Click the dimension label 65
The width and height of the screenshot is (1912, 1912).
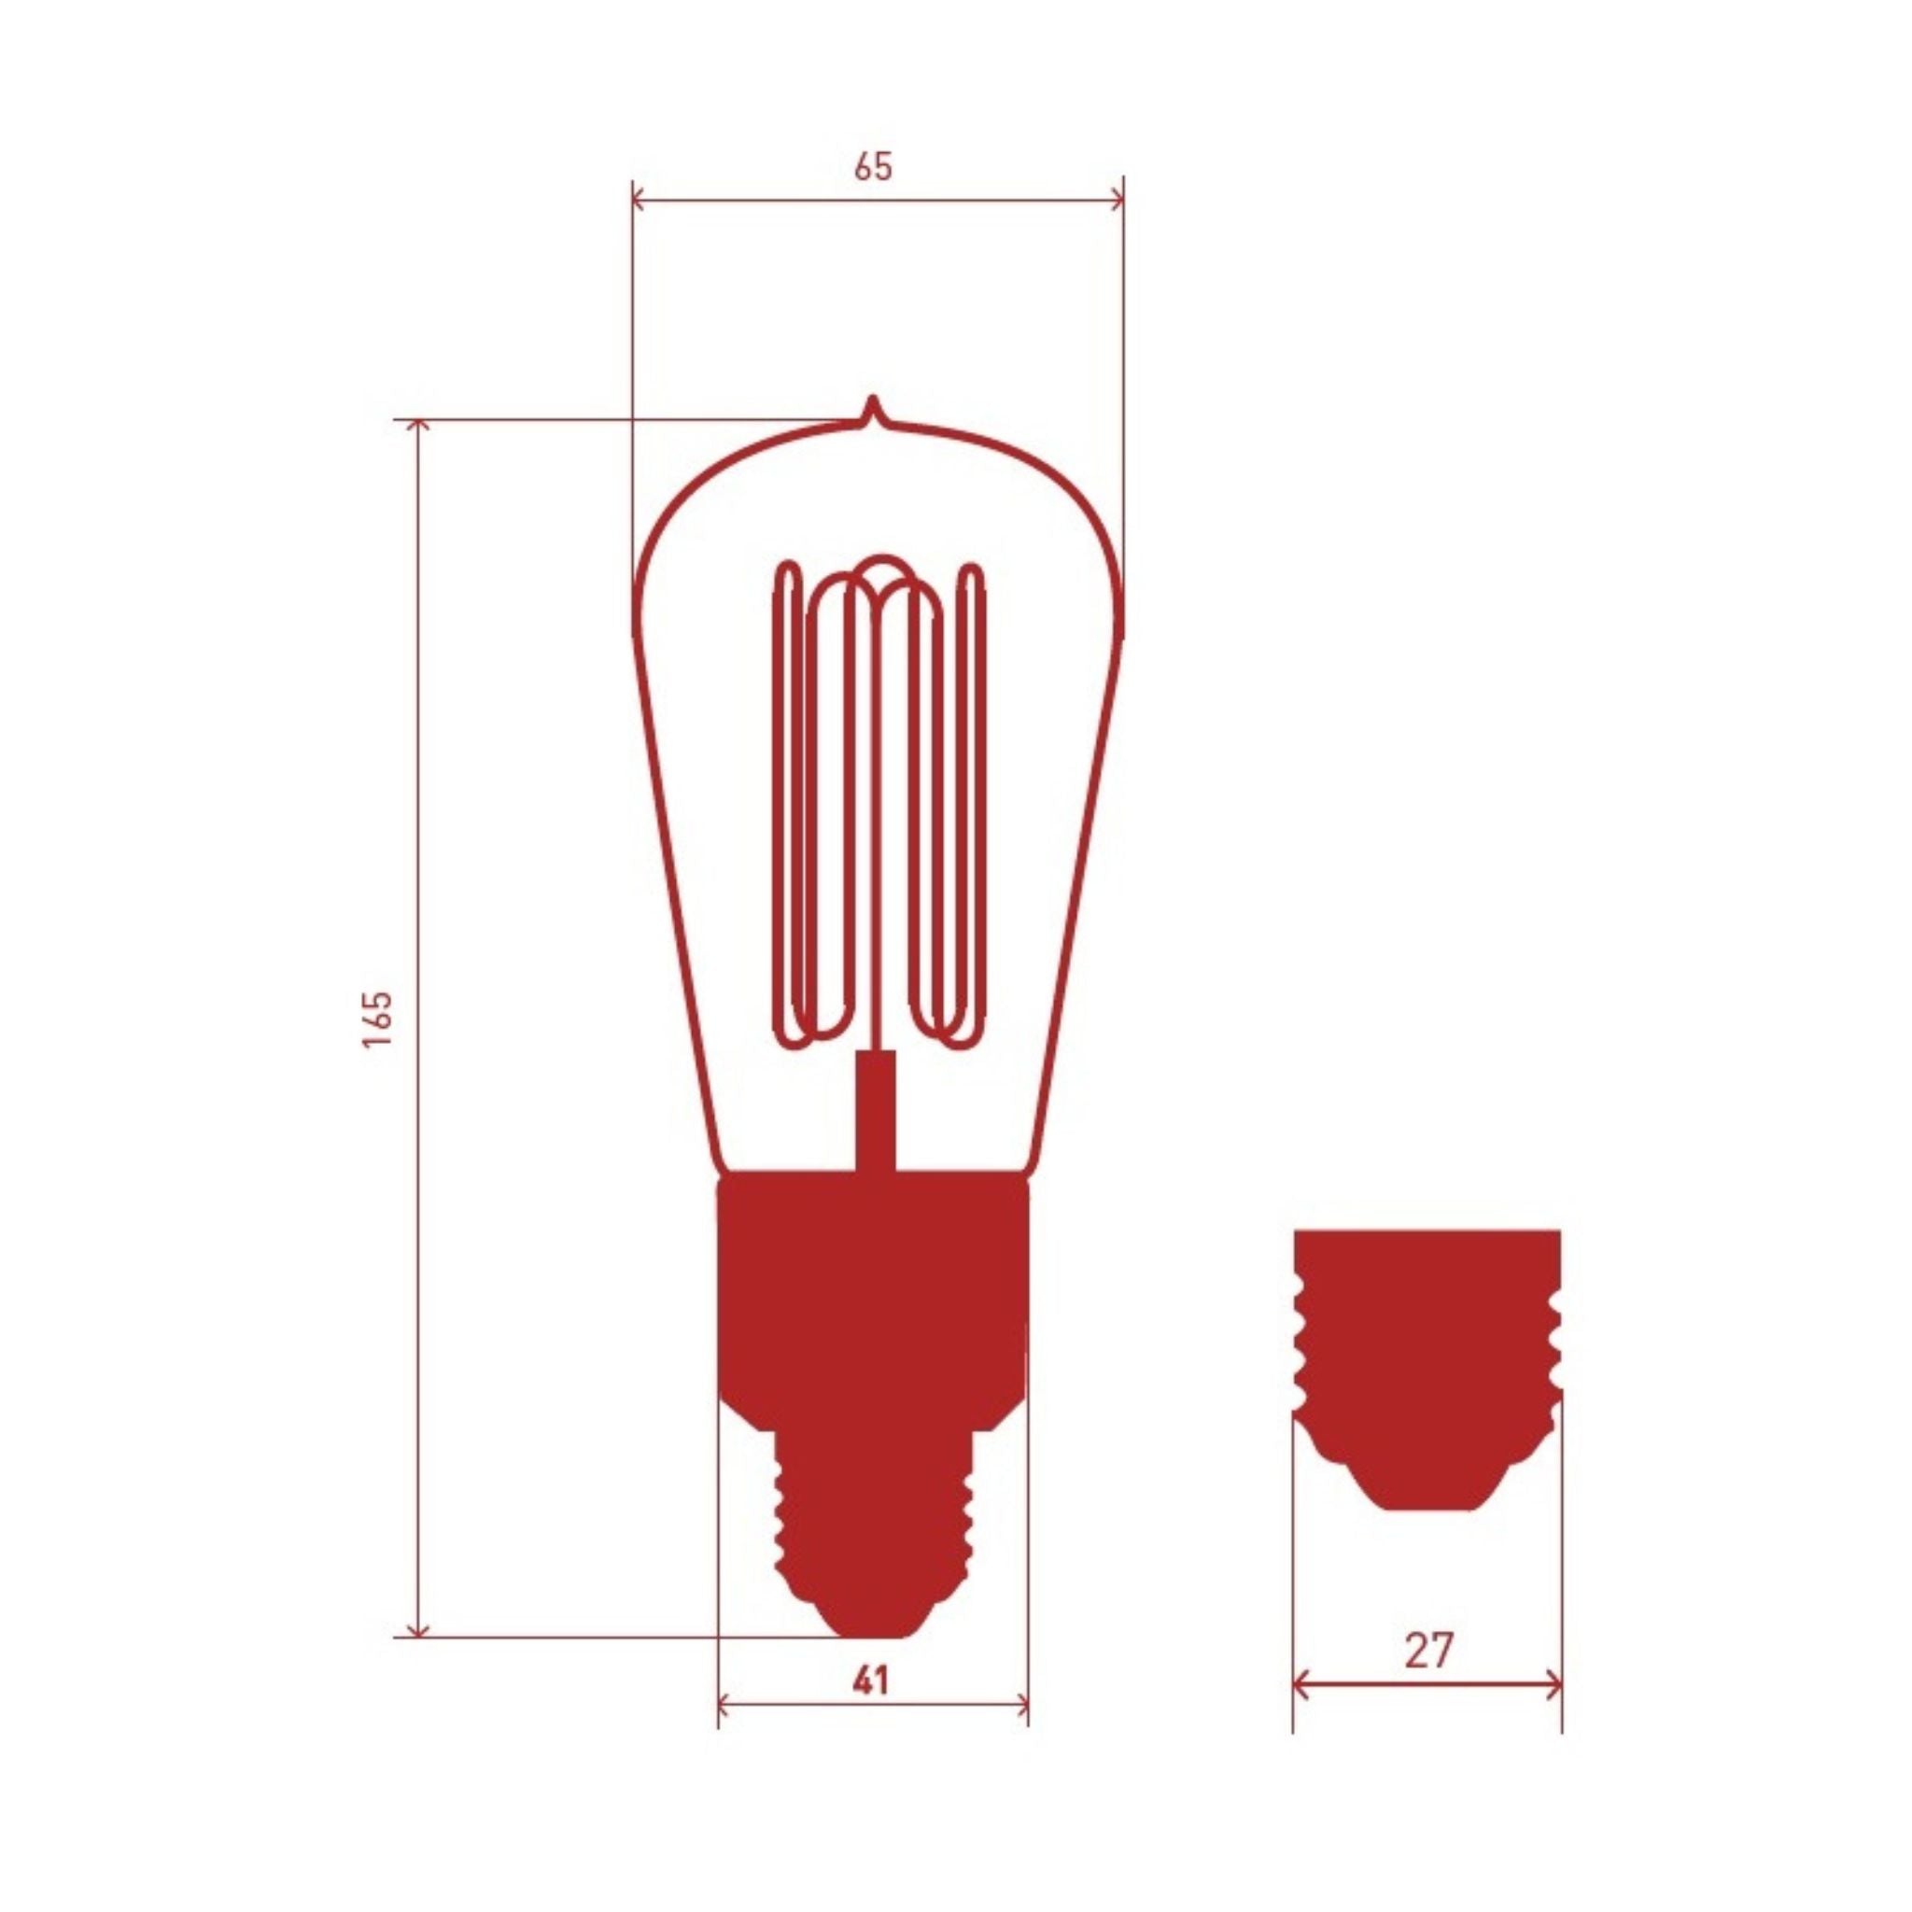coord(873,167)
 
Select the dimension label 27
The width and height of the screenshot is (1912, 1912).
coord(1428,1650)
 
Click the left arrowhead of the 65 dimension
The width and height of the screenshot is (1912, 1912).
coord(640,201)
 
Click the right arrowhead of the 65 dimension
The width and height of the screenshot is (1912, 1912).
coord(1117,201)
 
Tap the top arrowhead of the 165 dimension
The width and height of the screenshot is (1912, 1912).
coord(418,428)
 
